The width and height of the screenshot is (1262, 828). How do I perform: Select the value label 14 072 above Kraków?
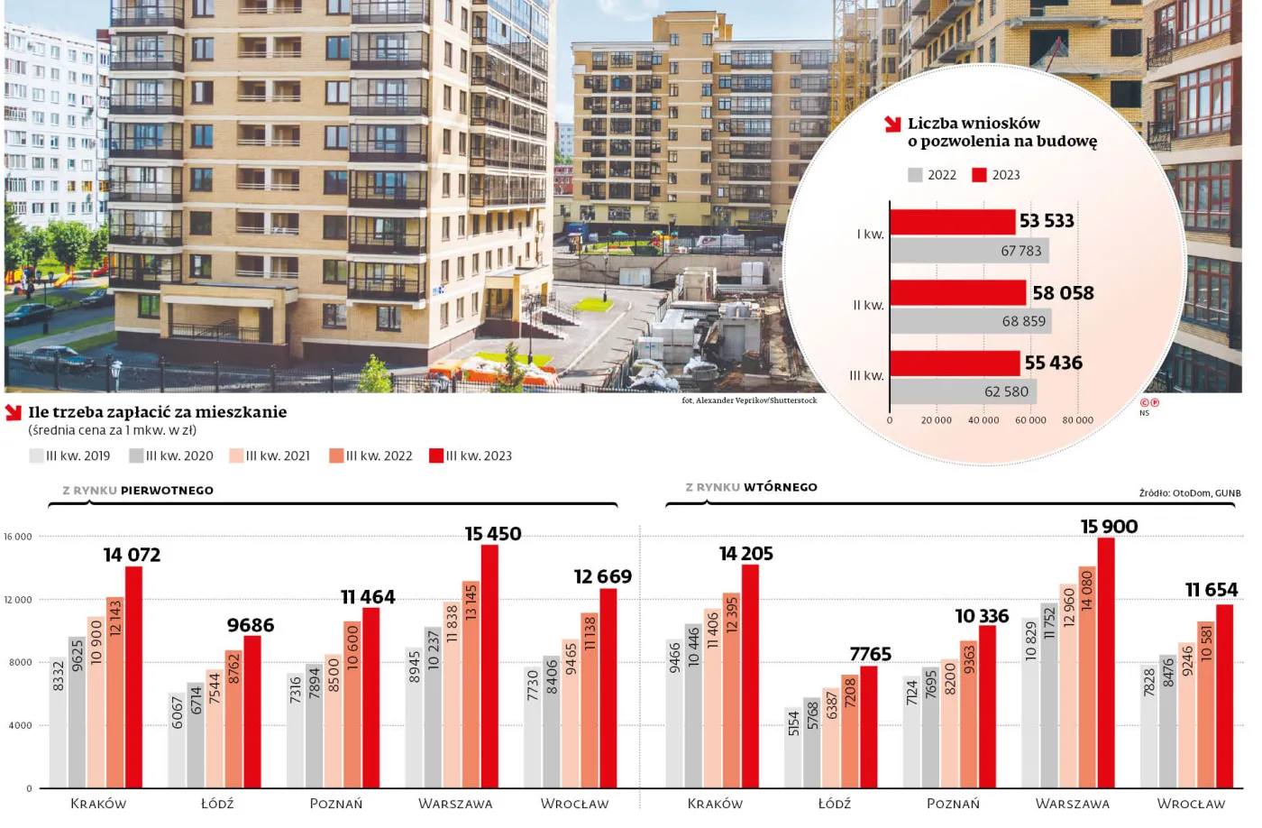[x=132, y=555]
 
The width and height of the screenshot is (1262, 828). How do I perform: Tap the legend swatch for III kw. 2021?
[x=236, y=455]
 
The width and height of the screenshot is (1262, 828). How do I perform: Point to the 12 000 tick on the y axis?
[x=18, y=600]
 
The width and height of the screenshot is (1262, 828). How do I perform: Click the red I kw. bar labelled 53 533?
[x=952, y=222]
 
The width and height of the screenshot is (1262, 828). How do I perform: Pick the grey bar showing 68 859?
[x=971, y=321]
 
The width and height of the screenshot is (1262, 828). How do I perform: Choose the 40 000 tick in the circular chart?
[x=983, y=420]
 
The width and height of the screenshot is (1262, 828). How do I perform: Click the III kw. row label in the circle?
[x=866, y=376]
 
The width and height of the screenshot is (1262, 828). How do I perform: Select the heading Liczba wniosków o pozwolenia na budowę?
[x=1001, y=132]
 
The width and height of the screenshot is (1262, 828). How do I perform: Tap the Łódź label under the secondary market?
[x=834, y=804]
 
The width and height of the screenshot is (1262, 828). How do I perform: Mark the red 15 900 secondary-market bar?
[x=1106, y=663]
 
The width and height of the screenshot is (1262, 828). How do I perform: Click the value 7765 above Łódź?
[x=870, y=654]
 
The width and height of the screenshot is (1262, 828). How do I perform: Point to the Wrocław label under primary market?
[x=574, y=804]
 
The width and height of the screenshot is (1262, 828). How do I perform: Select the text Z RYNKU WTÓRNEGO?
[x=751, y=487]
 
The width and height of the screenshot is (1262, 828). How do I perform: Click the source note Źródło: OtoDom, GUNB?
[x=1189, y=493]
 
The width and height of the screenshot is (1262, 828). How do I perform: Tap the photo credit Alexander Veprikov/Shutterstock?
[x=749, y=400]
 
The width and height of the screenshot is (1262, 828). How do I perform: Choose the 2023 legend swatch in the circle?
[x=979, y=175]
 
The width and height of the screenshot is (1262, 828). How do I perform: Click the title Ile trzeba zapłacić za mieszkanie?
[x=157, y=412]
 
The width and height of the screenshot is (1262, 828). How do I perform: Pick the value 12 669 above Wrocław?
[x=602, y=576]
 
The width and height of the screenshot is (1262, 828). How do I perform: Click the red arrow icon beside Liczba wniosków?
[x=892, y=124]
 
